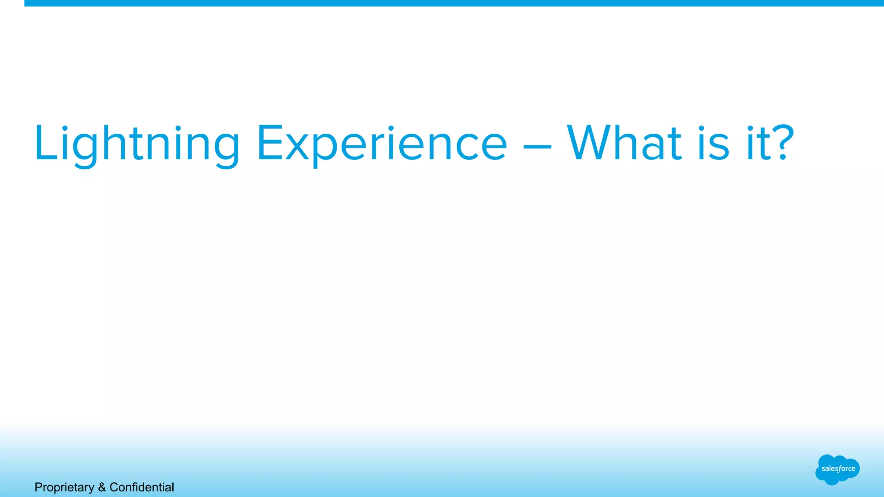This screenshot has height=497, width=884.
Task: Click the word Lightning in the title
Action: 137,143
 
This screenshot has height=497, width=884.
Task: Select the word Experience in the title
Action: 382,143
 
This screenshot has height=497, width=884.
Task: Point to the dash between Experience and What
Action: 537,147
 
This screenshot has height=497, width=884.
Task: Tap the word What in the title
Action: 624,143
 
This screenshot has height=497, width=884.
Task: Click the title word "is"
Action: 714,143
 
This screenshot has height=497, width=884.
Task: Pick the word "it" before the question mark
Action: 757,143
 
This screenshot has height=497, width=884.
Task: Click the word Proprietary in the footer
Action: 64,488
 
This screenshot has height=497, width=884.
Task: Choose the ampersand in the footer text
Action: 102,488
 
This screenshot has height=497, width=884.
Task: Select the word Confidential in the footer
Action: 142,488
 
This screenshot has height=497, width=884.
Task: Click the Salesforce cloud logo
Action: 837,469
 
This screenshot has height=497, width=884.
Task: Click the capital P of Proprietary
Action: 38,487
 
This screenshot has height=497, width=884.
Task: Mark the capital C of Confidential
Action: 114,487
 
